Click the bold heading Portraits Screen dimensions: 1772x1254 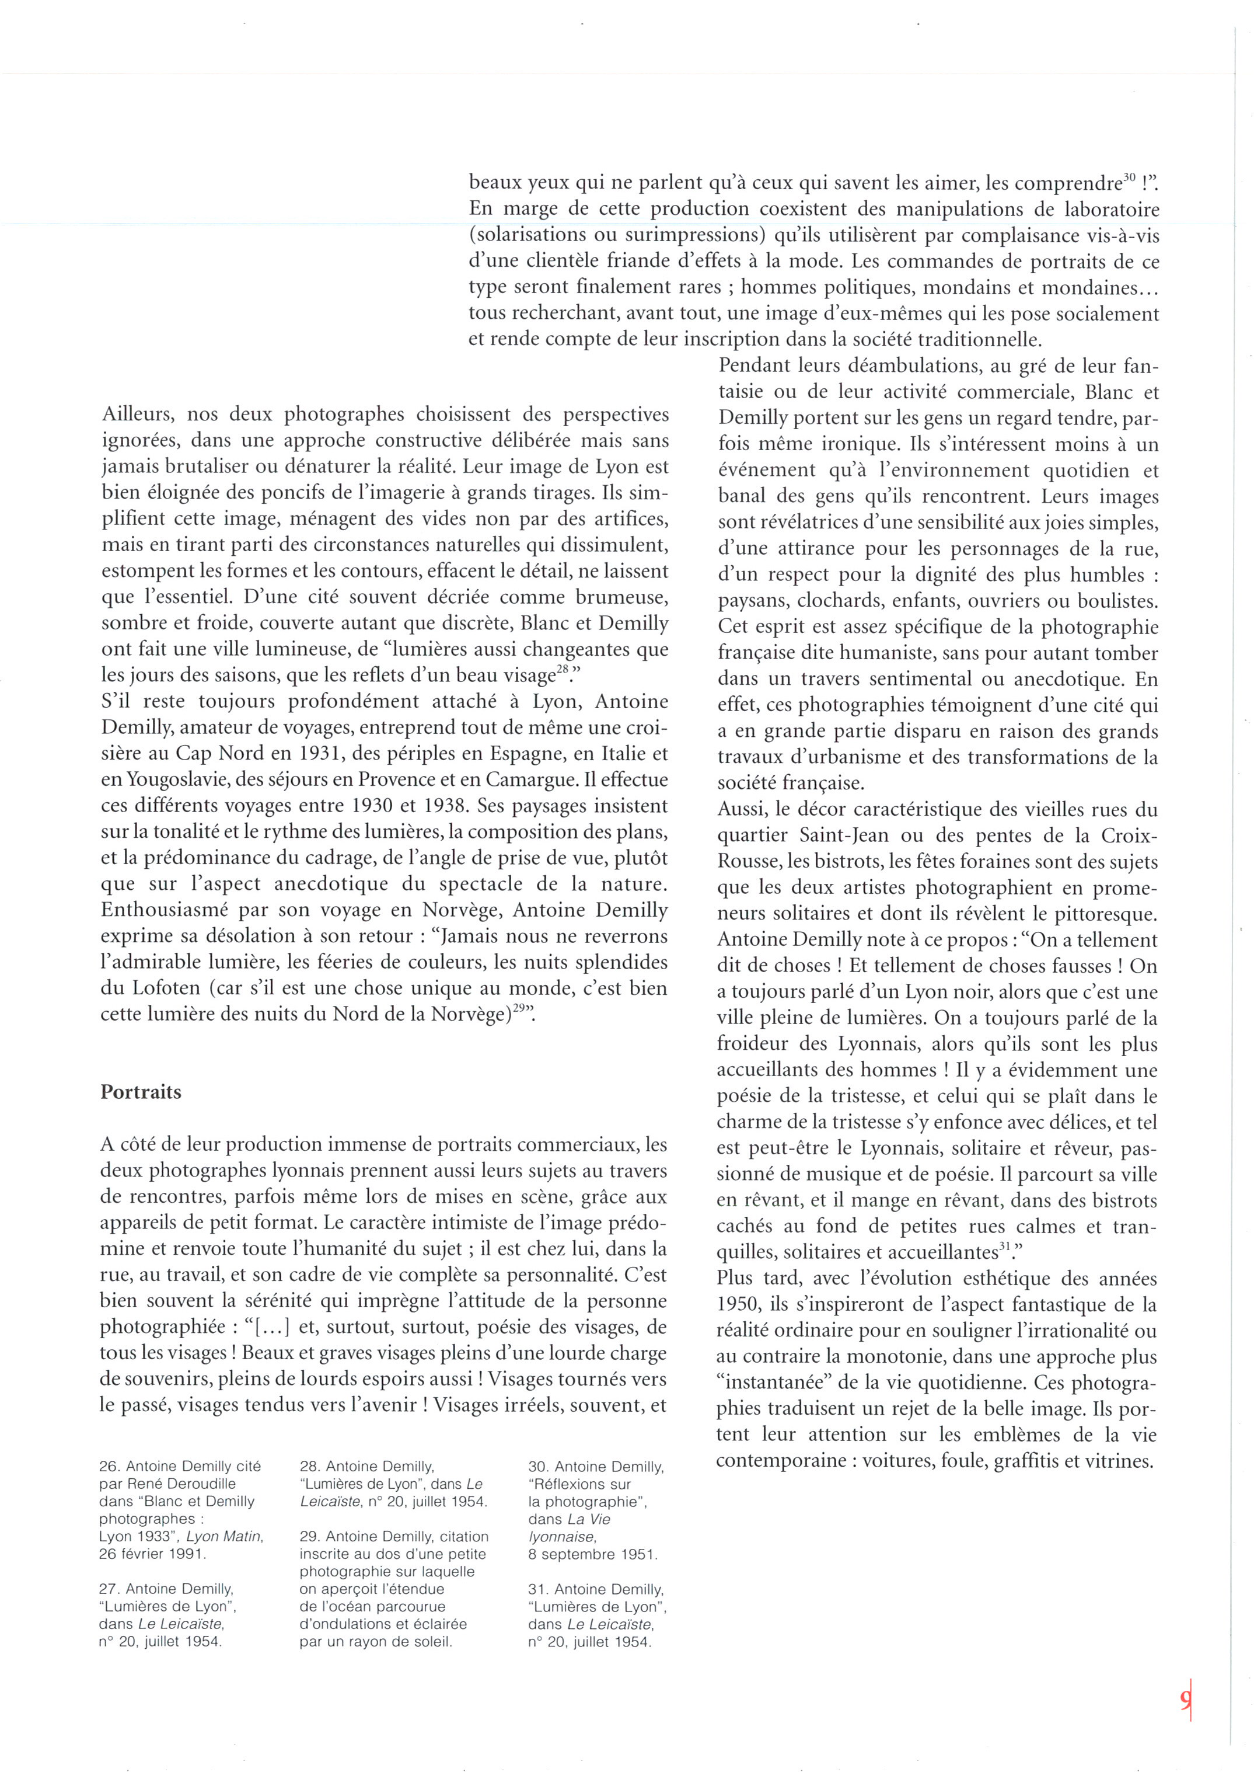point(141,1092)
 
